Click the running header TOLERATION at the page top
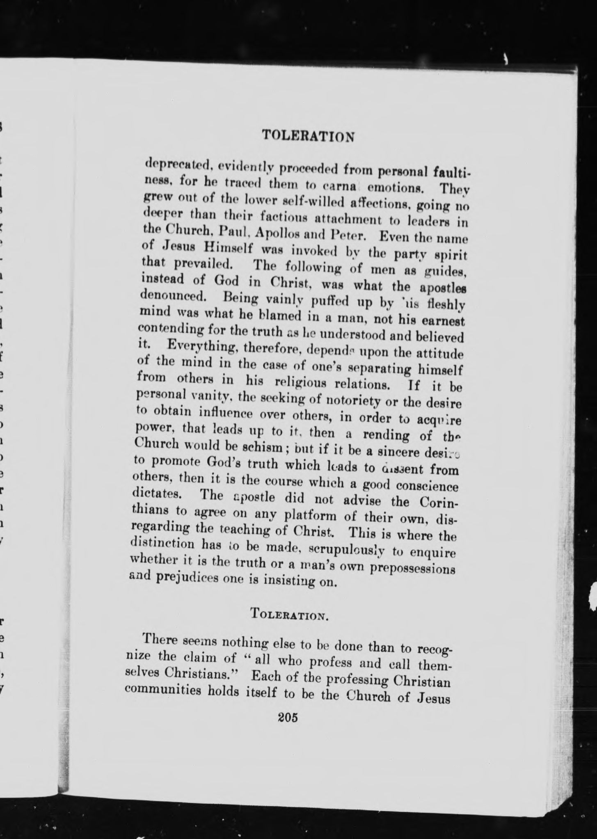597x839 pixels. [x=308, y=135]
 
